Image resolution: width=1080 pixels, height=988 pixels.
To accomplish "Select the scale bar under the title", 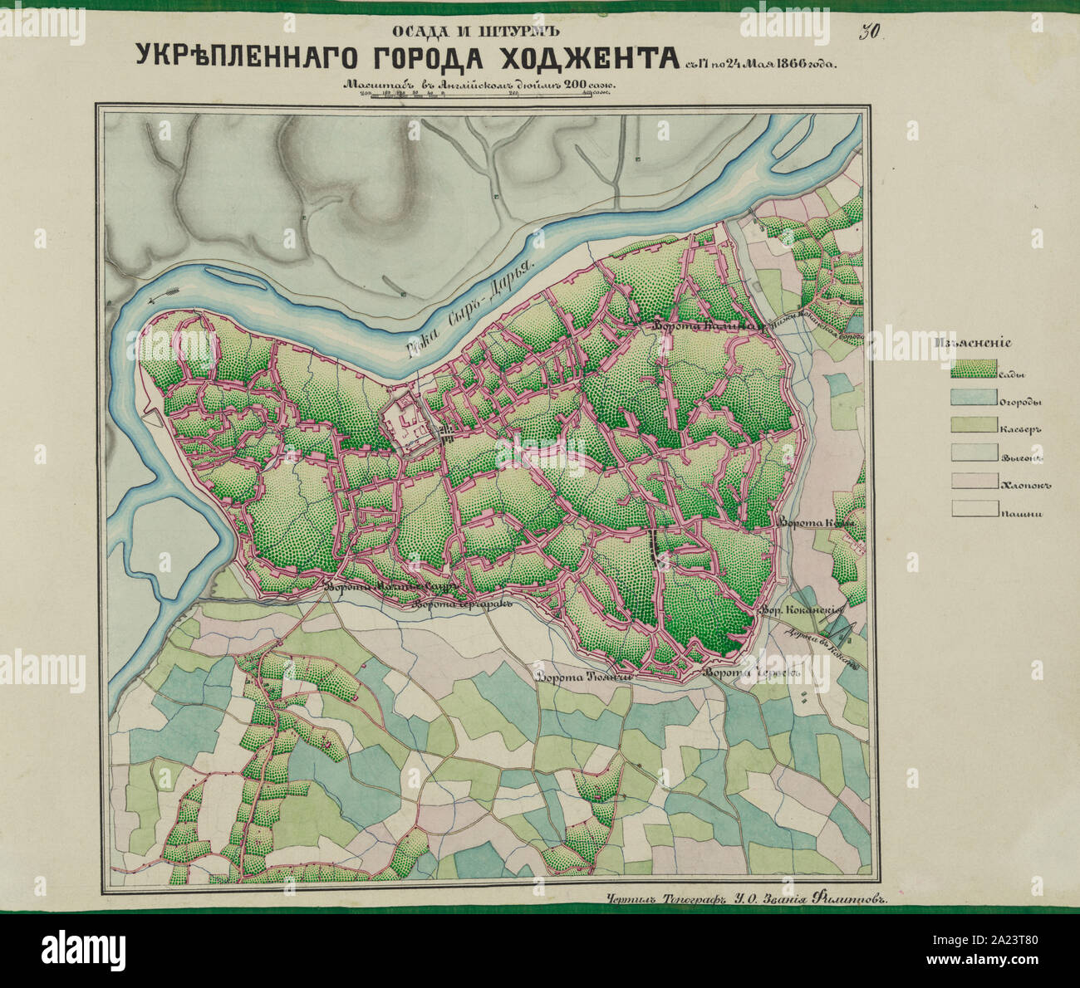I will [487, 96].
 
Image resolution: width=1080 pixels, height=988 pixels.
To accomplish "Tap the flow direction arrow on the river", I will [163, 295].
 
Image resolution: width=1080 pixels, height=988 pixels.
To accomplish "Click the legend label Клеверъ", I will [1020, 429].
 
